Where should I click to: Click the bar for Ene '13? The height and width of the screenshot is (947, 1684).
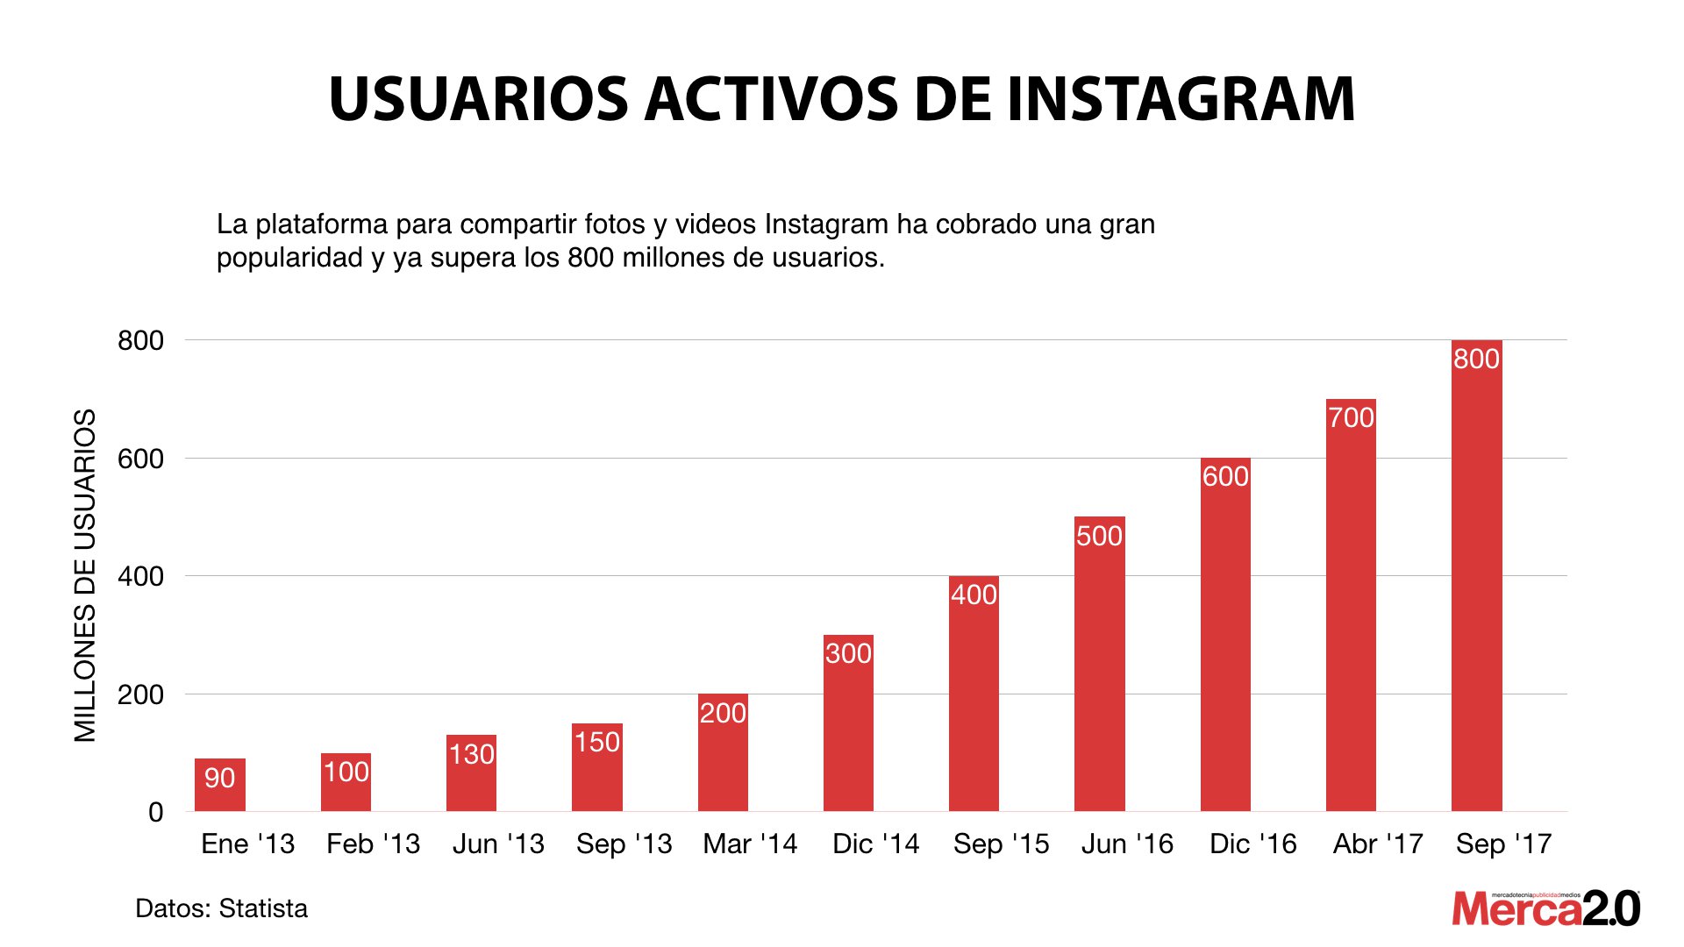coord(220,785)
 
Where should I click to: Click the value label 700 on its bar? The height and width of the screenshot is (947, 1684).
coord(1351,417)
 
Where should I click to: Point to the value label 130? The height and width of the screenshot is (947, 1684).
coord(472,754)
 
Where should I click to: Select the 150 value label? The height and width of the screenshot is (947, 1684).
coord(597,742)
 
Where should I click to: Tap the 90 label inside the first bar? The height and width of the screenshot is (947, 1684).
coord(219,778)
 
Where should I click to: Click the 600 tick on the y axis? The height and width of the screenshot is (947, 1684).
coord(140,459)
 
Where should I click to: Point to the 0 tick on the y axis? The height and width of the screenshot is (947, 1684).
coord(155,812)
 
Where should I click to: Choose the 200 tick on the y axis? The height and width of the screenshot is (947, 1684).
coord(140,694)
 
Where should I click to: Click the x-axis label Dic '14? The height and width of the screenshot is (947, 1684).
coord(875,844)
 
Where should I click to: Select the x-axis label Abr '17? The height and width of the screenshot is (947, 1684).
coord(1378,844)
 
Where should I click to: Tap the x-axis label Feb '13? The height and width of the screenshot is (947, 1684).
coord(373,844)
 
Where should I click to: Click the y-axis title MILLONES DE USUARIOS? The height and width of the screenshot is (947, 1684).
coord(84,575)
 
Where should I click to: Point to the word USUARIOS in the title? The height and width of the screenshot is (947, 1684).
coord(479,98)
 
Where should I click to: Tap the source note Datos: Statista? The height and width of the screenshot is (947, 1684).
coord(221,908)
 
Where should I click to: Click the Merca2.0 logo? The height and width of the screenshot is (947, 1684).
coord(1545,908)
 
